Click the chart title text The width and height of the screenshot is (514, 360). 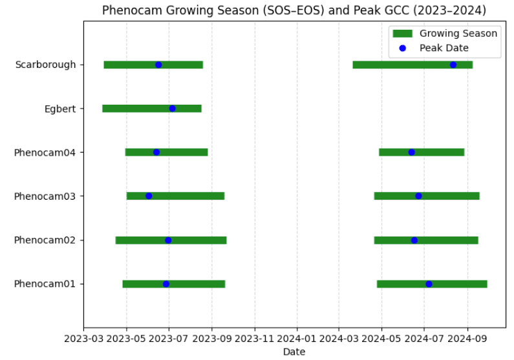(294, 10)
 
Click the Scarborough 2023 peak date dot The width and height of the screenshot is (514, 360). (158, 65)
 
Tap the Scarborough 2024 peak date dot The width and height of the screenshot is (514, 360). (453, 65)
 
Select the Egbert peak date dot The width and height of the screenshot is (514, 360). (172, 109)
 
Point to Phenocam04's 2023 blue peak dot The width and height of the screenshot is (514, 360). (156, 153)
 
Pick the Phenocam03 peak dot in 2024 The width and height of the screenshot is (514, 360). (418, 196)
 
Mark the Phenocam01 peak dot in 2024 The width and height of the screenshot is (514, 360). (429, 284)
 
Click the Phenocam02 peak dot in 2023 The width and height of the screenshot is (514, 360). (168, 240)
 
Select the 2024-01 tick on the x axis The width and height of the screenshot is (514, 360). (297, 337)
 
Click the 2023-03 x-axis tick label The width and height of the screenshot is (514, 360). (83, 337)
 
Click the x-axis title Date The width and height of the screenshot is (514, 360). (294, 352)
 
